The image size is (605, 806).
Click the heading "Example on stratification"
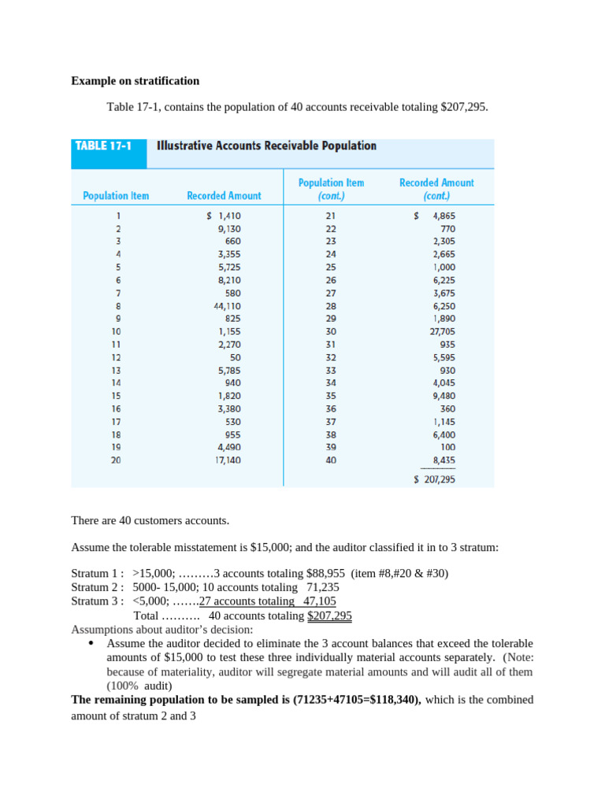click(135, 81)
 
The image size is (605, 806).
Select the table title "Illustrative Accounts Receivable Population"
click(266, 146)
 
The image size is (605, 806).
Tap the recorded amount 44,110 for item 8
click(228, 305)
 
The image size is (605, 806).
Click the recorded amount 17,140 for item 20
click(228, 460)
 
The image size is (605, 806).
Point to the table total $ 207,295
click(435, 479)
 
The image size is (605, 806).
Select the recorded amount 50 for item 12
click(235, 357)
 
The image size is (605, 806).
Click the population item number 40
click(330, 460)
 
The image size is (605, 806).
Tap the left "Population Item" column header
click(116, 195)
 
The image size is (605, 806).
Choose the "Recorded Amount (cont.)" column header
click(436, 189)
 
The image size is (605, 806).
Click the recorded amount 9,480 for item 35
click(444, 395)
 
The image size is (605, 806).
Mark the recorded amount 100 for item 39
click(447, 446)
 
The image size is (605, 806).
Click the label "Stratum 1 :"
click(98, 573)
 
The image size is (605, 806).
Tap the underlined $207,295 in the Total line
click(329, 616)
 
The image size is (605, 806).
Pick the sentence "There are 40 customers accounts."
click(150, 520)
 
